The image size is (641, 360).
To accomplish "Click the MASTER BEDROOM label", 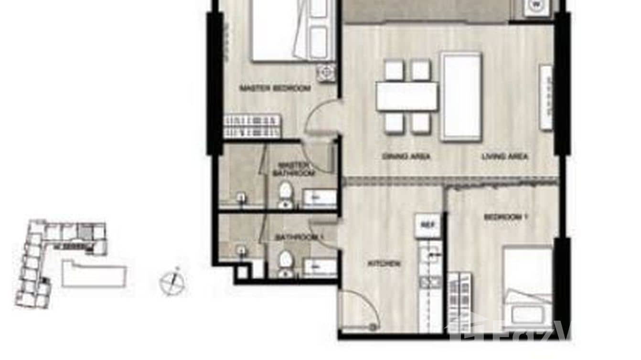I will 275,88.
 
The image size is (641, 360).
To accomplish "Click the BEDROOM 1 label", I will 505,217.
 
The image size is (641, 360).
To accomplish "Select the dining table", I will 406,96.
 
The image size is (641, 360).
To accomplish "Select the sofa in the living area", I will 460,96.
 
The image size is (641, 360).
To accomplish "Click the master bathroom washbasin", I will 320,198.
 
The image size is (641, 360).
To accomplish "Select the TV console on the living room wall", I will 545,96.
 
